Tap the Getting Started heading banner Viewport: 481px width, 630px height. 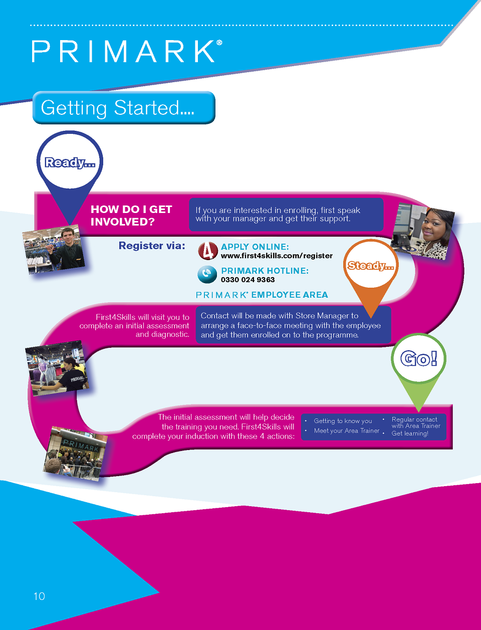(x=123, y=108)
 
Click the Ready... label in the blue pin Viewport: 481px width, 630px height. (x=70, y=162)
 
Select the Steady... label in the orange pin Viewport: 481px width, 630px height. (x=371, y=266)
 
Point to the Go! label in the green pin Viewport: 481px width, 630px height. (x=419, y=358)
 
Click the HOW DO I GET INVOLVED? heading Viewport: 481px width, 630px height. (x=131, y=216)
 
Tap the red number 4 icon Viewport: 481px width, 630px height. (x=207, y=251)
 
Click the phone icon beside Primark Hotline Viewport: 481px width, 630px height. (x=207, y=274)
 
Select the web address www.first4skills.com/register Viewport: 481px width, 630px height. (x=277, y=256)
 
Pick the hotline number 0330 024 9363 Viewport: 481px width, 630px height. (x=248, y=280)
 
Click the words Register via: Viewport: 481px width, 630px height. (x=152, y=246)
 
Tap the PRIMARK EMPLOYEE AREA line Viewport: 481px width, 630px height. (x=262, y=295)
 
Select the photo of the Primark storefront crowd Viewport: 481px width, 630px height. (x=77, y=453)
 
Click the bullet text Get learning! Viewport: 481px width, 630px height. (x=410, y=434)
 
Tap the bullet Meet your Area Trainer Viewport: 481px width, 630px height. (x=347, y=431)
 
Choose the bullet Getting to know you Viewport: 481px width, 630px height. (x=343, y=421)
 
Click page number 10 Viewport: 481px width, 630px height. (x=39, y=596)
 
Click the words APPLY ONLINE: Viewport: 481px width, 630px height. (x=255, y=247)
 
